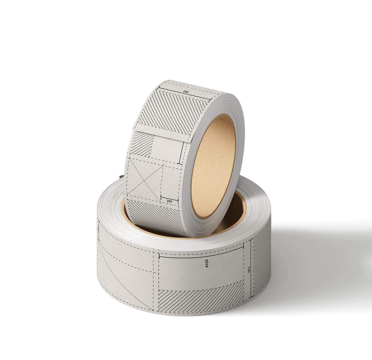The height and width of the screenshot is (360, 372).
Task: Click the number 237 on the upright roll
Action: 169,201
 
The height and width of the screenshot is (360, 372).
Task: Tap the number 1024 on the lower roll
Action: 206,263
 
